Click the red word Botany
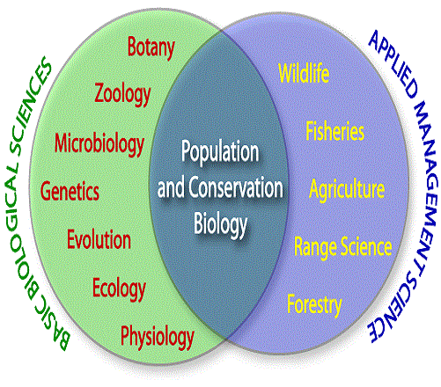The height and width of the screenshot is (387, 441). pyautogui.click(x=151, y=47)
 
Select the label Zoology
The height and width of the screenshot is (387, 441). pyautogui.click(x=122, y=94)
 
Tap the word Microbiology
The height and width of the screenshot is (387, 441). pyautogui.click(x=99, y=143)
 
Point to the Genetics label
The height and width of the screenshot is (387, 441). pyautogui.click(x=70, y=191)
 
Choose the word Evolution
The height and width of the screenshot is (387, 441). pyautogui.click(x=99, y=239)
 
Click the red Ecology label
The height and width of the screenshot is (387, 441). pyautogui.click(x=119, y=288)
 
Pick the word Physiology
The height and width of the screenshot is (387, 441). pyautogui.click(x=158, y=337)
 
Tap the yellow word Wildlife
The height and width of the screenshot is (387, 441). pyautogui.click(x=304, y=73)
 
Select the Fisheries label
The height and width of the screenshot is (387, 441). pyautogui.click(x=335, y=131)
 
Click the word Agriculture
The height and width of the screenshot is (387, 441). pyautogui.click(x=347, y=189)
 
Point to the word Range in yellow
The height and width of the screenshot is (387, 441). pyautogui.click(x=315, y=248)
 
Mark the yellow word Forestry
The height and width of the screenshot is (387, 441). pyautogui.click(x=314, y=305)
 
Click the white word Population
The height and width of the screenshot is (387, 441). pyautogui.click(x=220, y=152)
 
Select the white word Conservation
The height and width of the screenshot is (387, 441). pyautogui.click(x=236, y=187)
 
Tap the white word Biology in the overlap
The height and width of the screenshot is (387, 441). pyautogui.click(x=220, y=225)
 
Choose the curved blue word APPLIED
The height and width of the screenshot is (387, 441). pyautogui.click(x=393, y=64)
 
